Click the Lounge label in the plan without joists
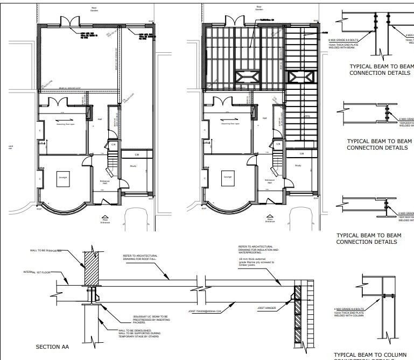pos(62,177)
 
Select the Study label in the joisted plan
pos(298,166)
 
